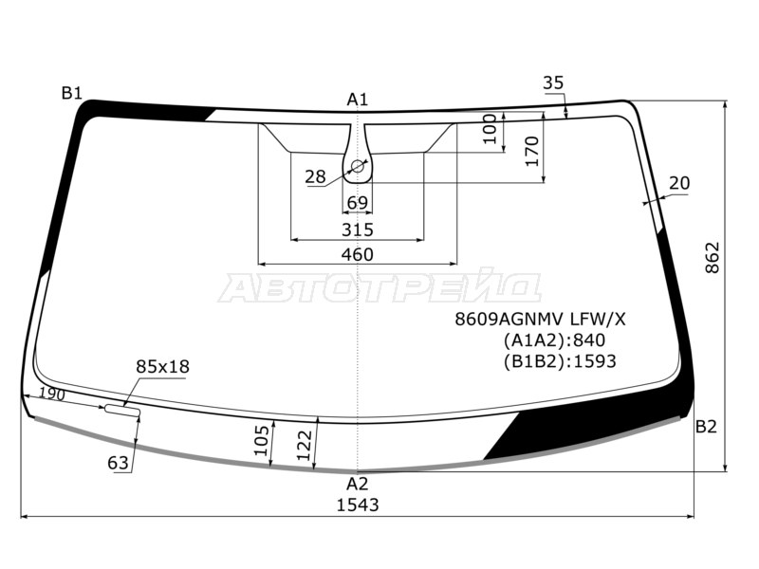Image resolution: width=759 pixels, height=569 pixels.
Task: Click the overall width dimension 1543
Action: point(358,505)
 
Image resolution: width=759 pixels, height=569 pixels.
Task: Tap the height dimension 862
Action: point(713,258)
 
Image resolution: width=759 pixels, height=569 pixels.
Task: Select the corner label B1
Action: point(72,92)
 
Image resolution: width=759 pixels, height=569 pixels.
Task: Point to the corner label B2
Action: point(706,427)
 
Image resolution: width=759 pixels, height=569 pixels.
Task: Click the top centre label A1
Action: point(358,100)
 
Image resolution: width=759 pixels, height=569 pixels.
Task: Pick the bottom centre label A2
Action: point(358,484)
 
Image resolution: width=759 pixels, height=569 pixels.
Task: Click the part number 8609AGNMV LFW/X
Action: point(540,319)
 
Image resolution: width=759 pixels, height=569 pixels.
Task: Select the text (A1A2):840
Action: point(554,340)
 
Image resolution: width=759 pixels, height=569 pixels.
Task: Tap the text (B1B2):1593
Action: point(560,361)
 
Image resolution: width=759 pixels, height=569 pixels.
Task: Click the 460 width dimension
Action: point(358,254)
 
